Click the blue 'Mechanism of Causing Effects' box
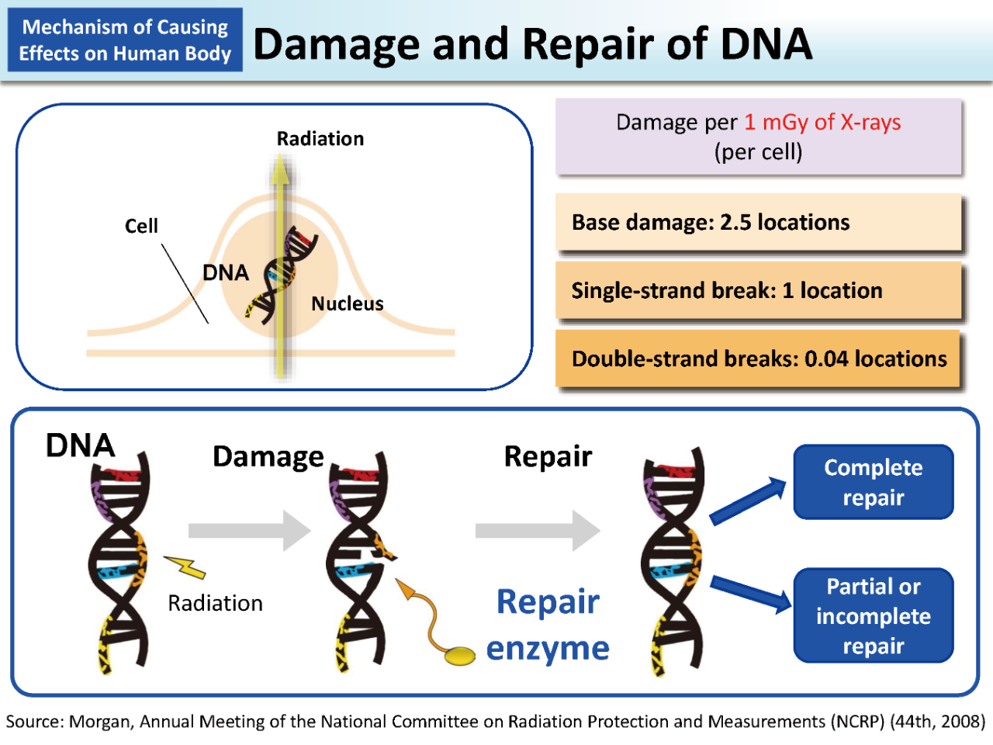coord(125,40)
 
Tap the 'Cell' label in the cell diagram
coord(141,226)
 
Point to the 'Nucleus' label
coord(347,303)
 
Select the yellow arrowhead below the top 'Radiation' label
coord(280,169)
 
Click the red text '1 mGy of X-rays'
coord(822,122)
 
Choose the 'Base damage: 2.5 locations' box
coord(758,222)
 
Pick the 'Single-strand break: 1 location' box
coord(758,290)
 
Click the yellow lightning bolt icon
coord(185,567)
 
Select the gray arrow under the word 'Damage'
coord(250,530)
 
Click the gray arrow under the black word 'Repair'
coord(538,530)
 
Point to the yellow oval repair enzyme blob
coord(459,656)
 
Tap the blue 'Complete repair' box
coord(873,482)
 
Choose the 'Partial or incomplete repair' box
coord(873,615)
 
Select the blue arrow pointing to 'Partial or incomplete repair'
coord(751,594)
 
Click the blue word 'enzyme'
coord(548,649)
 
